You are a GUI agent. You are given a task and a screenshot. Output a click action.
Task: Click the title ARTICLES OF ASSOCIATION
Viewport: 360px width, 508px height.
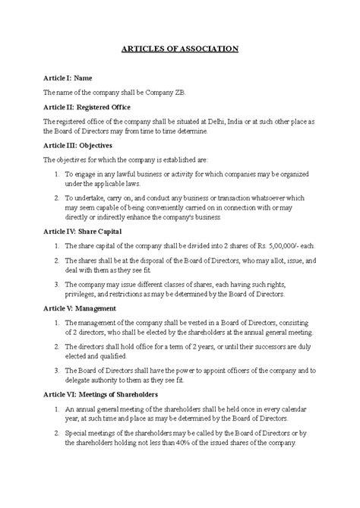tap(180, 49)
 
